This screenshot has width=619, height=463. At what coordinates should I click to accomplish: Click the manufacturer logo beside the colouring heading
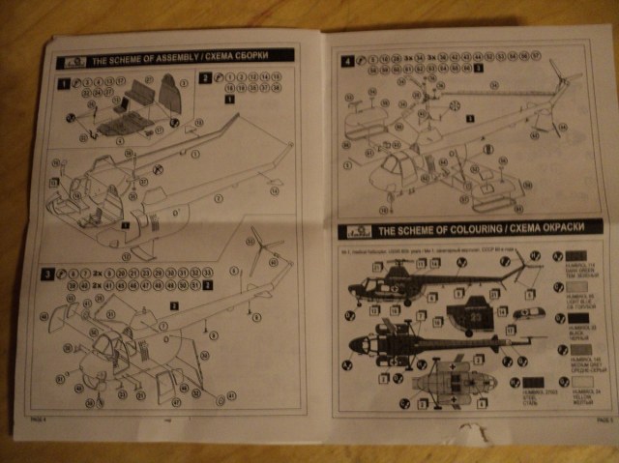point(352,232)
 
